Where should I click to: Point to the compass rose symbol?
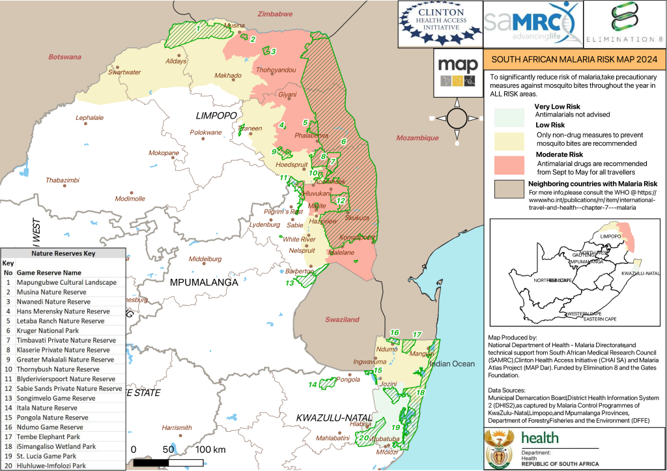tap(457, 118)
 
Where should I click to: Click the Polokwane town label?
tap(205, 133)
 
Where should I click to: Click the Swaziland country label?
tap(342, 320)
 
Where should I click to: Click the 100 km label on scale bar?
tap(210, 450)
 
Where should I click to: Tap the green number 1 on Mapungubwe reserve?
tap(198, 27)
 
